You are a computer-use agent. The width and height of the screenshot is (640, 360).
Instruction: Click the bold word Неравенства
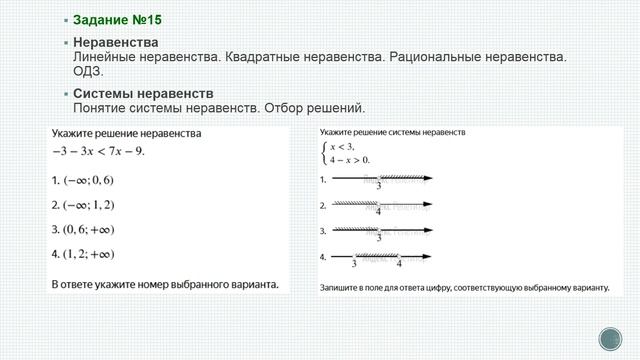(116, 43)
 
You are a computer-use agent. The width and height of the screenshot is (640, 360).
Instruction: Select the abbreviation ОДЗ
(88, 71)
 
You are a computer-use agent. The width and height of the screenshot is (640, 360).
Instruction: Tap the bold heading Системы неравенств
(136, 93)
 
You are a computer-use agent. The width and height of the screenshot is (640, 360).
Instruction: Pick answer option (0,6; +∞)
(88, 230)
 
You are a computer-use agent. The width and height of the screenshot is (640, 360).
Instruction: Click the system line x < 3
(345, 146)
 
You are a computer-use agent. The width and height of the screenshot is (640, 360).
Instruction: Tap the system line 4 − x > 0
(351, 159)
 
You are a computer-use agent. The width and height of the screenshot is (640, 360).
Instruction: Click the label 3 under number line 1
(378, 187)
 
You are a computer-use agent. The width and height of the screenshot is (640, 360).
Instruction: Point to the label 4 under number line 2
(378, 212)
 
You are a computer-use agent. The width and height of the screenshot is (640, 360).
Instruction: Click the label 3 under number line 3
(378, 238)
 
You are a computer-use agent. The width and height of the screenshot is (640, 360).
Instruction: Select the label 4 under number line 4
(399, 264)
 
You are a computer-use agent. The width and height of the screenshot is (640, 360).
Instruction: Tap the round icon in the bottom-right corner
(609, 338)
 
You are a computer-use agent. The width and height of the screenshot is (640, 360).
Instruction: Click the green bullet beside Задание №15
(65, 20)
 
